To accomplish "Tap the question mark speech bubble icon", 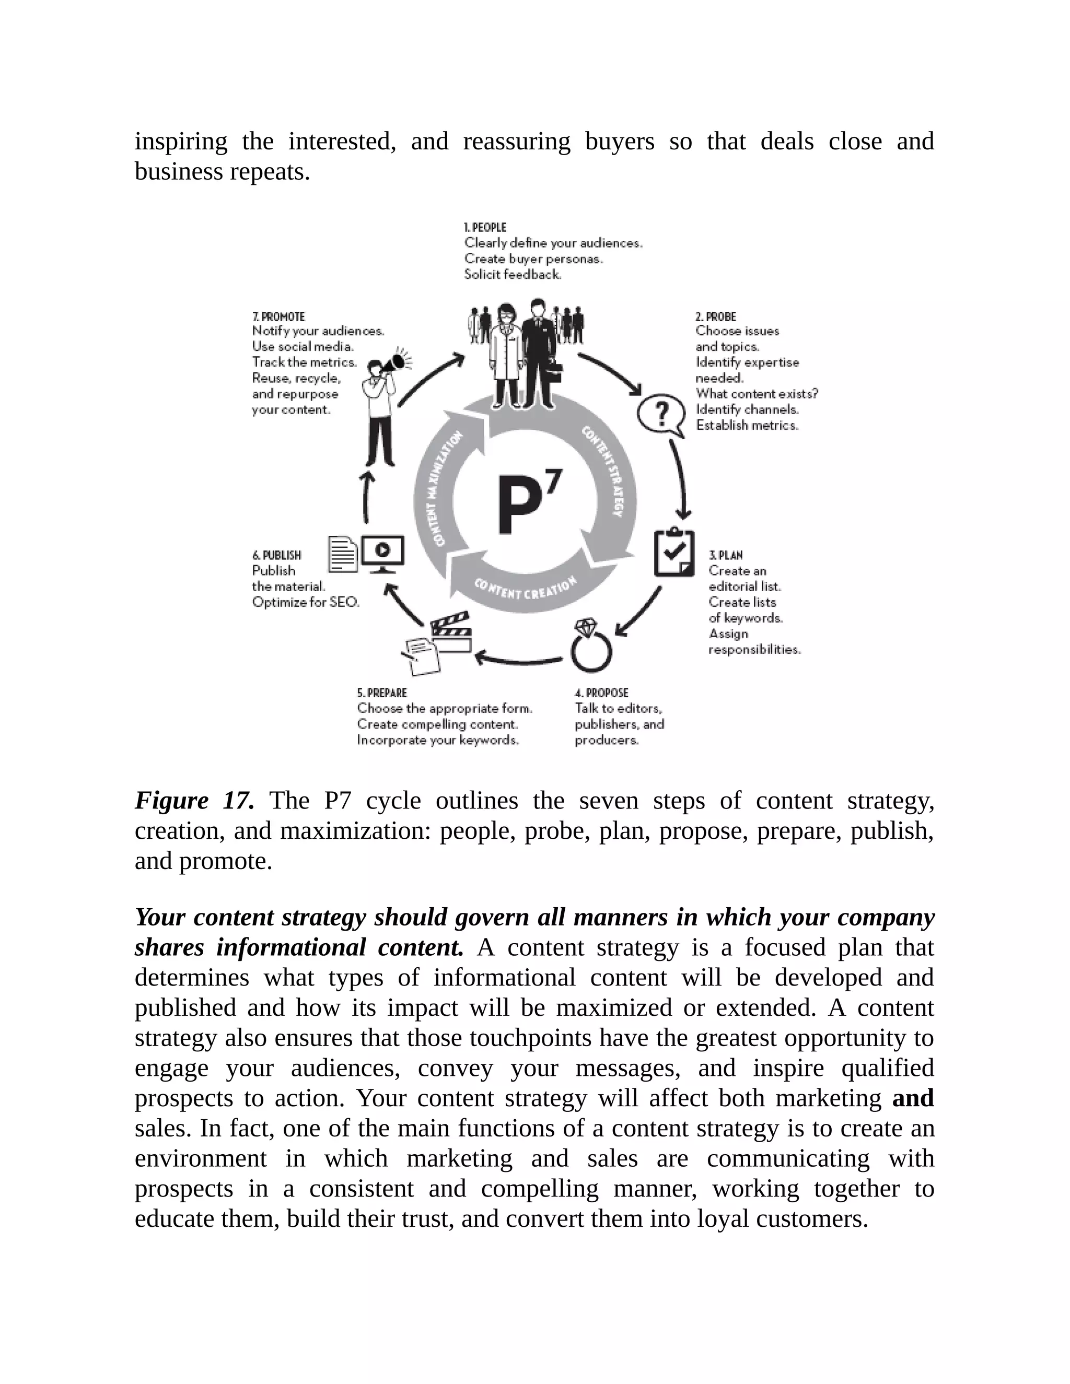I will click(x=660, y=415).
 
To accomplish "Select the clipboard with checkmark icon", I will click(x=674, y=553).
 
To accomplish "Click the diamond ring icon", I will click(x=590, y=647).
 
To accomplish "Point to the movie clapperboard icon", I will click(x=451, y=632).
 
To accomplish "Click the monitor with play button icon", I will click(x=382, y=553).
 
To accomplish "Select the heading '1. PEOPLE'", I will click(x=485, y=227).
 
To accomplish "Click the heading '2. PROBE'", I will click(x=716, y=316).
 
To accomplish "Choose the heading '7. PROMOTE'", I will click(x=278, y=316).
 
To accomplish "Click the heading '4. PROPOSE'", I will click(x=601, y=693).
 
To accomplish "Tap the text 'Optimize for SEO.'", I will click(x=306, y=602).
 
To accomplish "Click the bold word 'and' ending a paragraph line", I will click(x=912, y=1098).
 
